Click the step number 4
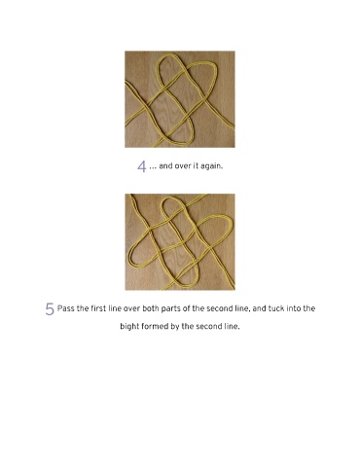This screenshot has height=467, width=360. (x=142, y=166)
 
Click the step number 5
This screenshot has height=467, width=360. (x=50, y=308)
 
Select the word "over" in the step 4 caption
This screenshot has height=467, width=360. (x=182, y=165)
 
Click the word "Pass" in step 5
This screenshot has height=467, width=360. (x=66, y=308)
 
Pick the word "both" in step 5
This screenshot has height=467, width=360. (x=151, y=308)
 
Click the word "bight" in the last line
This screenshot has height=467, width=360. (x=129, y=326)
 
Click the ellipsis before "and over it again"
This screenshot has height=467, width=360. (x=153, y=168)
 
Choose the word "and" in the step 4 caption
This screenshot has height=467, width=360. (x=165, y=165)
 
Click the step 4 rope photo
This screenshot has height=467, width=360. (x=180, y=99)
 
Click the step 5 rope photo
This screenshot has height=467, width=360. (x=180, y=242)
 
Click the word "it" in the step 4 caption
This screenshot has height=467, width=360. (x=196, y=165)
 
